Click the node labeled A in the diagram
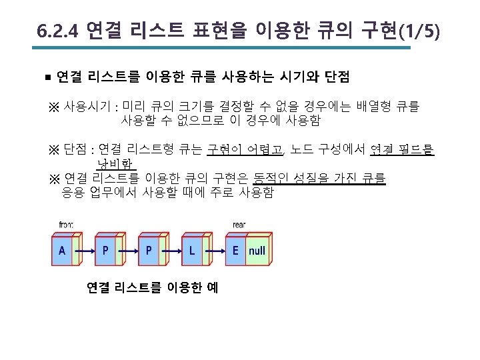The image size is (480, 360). [62, 251]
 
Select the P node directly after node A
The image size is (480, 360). [105, 251]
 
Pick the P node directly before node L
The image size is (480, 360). [148, 251]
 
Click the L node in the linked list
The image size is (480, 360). [192, 251]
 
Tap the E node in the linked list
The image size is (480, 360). [235, 251]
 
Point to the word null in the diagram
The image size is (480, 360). [257, 251]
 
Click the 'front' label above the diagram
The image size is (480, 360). [67, 224]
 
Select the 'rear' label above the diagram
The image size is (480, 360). [239, 224]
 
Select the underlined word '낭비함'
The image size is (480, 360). [115, 164]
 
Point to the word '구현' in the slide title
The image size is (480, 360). [379, 31]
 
